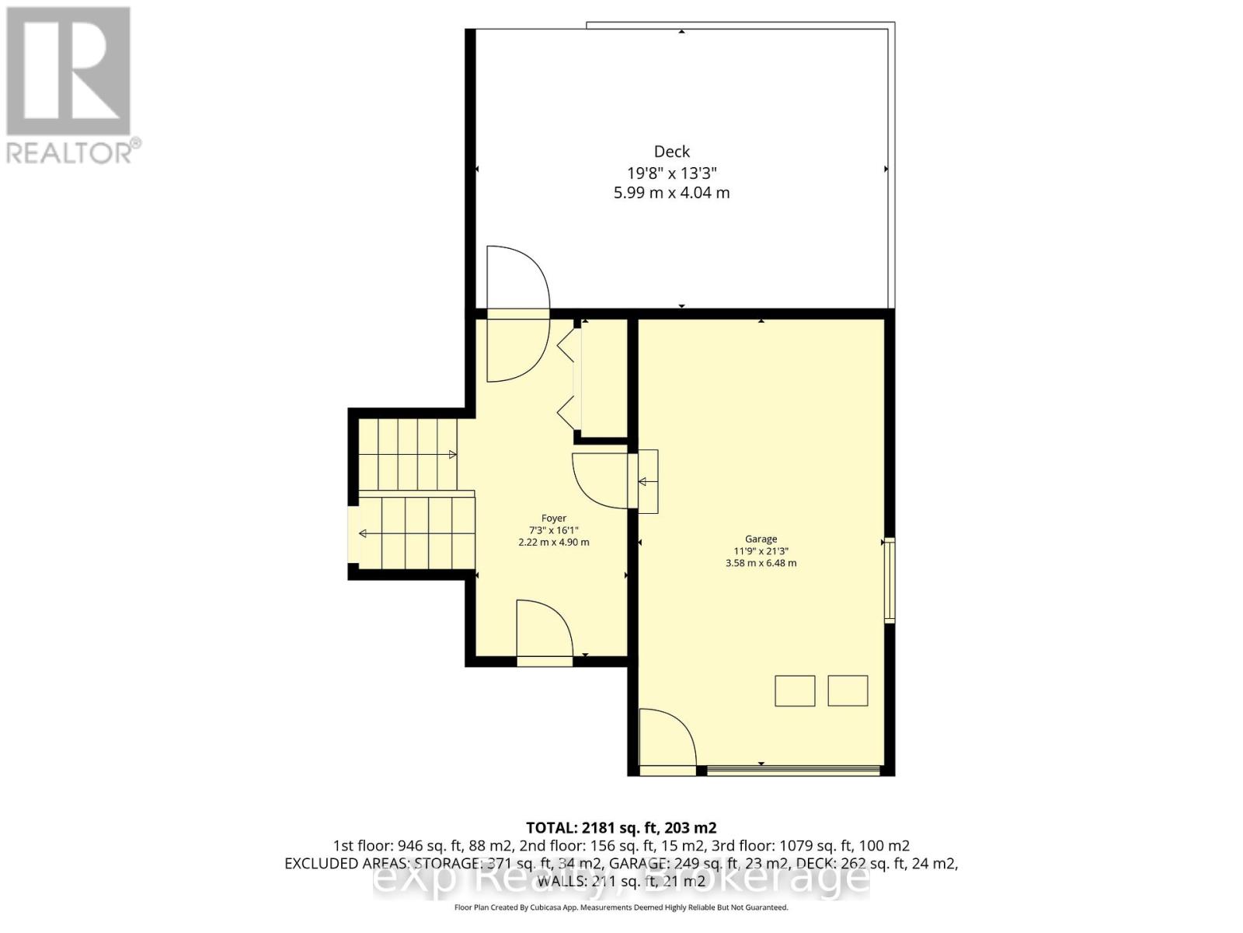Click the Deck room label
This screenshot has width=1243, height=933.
pos(671,152)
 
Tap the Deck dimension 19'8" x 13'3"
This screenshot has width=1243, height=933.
pos(671,173)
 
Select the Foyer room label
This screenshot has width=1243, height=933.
pos(554,518)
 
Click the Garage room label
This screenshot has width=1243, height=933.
pos(761,539)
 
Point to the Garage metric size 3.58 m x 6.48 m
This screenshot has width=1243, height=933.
pos(761,563)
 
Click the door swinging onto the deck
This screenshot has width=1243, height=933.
pos(516,278)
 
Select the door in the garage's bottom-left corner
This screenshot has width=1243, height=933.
pos(665,739)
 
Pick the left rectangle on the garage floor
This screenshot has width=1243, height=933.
pos(795,690)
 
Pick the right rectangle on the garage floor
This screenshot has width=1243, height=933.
pos(848,690)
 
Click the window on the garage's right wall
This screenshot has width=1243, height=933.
pos(890,579)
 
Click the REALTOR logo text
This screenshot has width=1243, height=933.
pos(74,152)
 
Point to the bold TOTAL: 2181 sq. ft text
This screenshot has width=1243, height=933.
pos(621,827)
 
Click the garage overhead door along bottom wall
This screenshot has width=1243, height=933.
pos(792,771)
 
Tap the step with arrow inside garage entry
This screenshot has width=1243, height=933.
pos(647,481)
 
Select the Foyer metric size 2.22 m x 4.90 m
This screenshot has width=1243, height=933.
pos(554,542)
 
